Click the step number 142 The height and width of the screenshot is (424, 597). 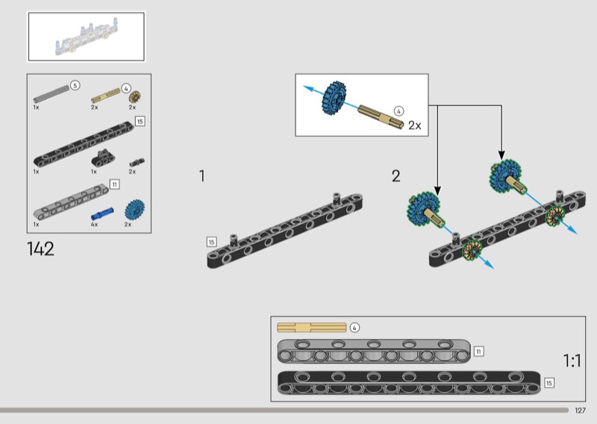40,249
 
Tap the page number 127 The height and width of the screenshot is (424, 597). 581,411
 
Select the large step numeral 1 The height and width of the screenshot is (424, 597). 201,176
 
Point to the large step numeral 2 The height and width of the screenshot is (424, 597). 396,176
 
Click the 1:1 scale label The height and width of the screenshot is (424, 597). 572,361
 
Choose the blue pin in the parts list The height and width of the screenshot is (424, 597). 102,212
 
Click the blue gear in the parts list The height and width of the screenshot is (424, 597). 134,209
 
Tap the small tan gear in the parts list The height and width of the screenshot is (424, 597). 134,96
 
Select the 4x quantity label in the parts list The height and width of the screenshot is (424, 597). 94,224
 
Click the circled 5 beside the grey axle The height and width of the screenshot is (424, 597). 75,86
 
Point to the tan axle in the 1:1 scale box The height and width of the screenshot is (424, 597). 311,327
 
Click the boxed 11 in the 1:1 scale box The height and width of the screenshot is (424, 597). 479,350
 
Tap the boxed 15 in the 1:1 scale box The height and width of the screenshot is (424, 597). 549,382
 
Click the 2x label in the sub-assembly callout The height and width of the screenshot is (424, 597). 415,125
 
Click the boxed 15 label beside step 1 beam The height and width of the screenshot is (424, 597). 212,242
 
